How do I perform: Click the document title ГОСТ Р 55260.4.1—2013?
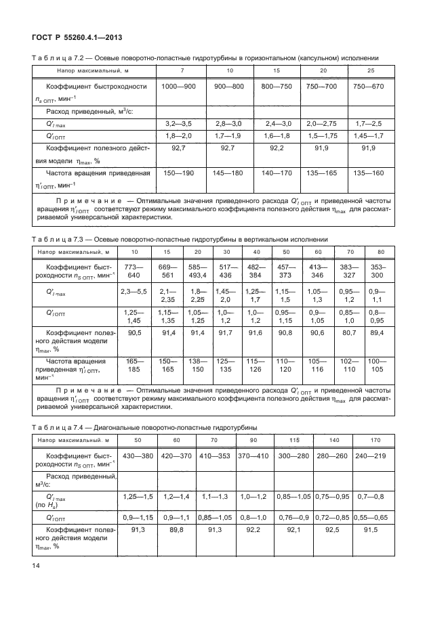[x=73, y=37]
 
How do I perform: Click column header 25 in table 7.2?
[x=371, y=71]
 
